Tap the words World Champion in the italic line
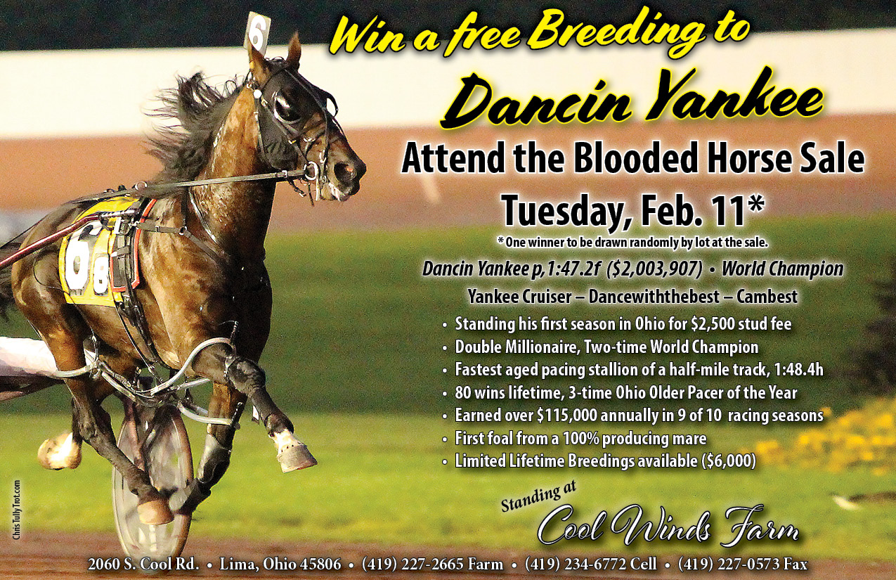click(x=782, y=269)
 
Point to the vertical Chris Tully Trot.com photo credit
click(x=16, y=510)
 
